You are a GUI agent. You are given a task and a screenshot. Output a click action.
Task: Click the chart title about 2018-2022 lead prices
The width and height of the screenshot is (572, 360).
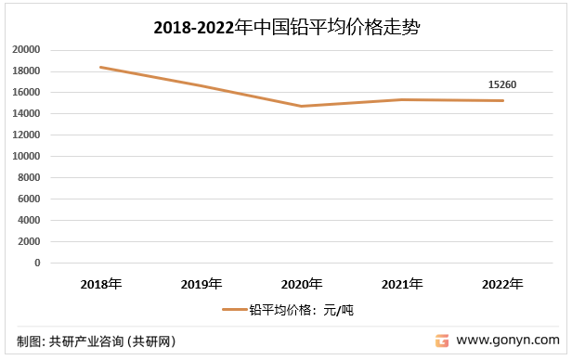(287, 28)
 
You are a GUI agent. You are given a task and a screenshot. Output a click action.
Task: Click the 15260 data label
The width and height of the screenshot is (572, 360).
(501, 85)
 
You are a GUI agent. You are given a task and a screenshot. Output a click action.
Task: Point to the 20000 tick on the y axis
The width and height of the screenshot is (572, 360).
(26, 50)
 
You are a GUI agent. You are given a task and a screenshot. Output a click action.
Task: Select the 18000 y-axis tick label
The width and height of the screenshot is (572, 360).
(26, 71)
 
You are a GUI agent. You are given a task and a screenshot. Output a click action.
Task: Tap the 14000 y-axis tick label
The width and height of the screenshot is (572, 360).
(26, 114)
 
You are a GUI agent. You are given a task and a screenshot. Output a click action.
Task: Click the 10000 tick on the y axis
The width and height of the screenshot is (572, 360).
(26, 157)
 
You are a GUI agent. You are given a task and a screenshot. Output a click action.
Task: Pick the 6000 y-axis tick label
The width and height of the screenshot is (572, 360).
(29, 199)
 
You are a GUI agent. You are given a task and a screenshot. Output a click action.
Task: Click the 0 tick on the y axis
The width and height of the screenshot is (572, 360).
(37, 264)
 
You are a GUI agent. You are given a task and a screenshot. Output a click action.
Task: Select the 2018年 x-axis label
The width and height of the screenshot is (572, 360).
(101, 283)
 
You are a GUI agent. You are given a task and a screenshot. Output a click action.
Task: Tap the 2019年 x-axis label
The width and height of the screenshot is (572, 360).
(201, 283)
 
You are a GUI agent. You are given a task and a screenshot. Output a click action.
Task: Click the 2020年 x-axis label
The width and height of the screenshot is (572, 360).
(302, 283)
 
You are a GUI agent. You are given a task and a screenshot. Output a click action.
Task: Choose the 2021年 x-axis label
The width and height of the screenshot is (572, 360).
(402, 283)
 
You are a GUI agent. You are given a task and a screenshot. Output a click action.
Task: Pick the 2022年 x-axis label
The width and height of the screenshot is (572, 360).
(502, 283)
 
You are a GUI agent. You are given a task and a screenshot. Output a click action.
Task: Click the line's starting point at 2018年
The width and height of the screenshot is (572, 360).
(101, 67)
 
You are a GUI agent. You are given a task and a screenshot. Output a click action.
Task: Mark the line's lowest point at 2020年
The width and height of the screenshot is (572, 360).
(302, 106)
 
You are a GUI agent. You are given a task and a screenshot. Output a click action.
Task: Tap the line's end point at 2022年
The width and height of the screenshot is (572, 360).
(502, 100)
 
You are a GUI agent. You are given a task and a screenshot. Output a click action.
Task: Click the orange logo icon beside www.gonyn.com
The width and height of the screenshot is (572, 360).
(442, 341)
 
